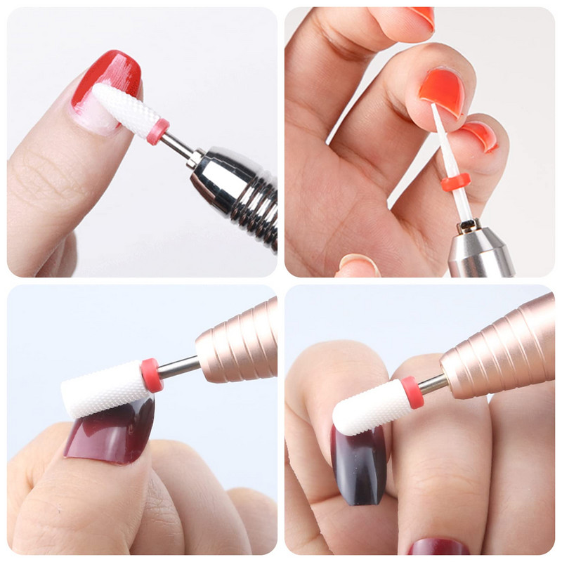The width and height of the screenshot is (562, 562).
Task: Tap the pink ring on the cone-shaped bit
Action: pyautogui.click(x=157, y=131)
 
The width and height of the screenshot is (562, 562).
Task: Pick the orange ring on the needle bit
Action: pyautogui.click(x=455, y=185)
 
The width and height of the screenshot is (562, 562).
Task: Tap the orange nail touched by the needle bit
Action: pyautogui.click(x=441, y=91)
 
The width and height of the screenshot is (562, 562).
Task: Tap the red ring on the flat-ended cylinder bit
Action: pyautogui.click(x=151, y=374)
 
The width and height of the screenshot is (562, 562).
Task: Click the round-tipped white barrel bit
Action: pyautogui.click(x=367, y=406)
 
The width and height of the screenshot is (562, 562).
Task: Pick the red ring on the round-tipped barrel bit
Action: pyautogui.click(x=412, y=392)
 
